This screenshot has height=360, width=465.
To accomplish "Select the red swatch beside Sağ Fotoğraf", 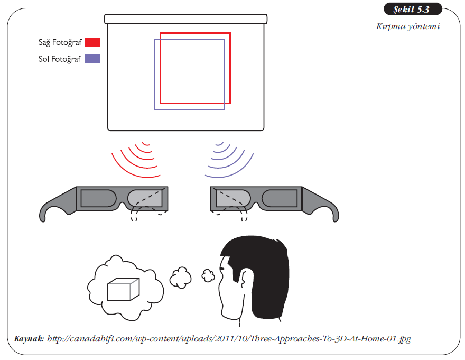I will coord(92,42).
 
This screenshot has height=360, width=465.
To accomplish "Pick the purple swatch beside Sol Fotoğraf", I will coord(92,59).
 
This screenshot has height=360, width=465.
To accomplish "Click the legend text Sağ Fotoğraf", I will coord(60,42).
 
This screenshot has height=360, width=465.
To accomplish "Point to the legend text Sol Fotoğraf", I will coord(60,59).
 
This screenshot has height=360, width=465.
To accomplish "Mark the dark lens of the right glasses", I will coord(281,198).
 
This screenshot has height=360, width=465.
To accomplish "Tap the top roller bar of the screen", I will coord(185,19).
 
